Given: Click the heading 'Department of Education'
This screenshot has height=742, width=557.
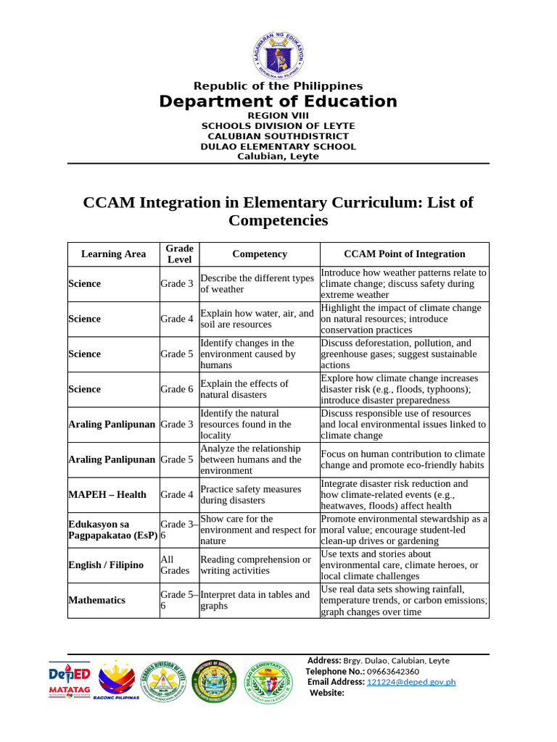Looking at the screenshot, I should coord(278,101).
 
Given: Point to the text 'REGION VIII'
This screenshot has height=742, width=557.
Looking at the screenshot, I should coord(278,115).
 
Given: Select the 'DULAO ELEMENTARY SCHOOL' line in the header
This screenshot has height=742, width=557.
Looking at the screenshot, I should coord(278,146).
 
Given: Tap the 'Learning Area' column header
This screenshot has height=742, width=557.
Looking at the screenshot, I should coord(113,254).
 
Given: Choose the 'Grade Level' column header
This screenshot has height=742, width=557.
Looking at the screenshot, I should coord(179,254).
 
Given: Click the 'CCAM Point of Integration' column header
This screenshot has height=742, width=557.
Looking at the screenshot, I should coord(404,254).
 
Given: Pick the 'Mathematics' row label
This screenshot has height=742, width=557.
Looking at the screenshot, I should coord(96,600).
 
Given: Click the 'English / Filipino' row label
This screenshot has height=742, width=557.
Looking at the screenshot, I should coord(106,565).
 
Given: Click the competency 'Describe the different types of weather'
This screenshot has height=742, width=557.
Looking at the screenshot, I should coord(257,284).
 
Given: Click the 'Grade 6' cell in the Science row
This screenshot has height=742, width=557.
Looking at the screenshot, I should coord(177,389).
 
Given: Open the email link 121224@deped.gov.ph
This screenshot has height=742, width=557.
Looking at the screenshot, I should coord(411,682).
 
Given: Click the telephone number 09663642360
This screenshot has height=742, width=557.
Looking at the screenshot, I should coord(392,671).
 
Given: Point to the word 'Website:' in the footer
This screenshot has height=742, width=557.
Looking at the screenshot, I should coord(327,693).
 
